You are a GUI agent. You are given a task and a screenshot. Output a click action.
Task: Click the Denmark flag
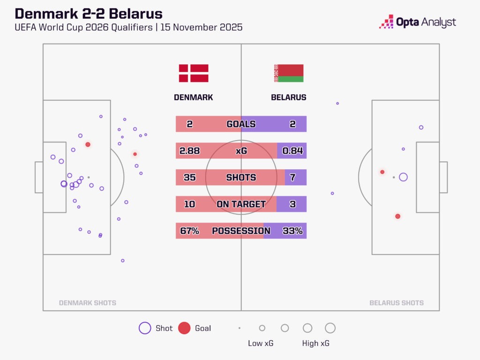(194, 74)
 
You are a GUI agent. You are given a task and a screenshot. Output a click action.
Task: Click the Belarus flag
(289, 74)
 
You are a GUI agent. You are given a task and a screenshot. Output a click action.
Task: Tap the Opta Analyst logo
(417, 22)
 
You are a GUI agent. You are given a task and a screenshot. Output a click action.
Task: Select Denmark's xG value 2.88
(190, 151)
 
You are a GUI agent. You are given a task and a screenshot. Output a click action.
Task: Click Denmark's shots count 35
(190, 178)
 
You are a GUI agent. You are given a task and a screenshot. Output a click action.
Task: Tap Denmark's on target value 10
(190, 204)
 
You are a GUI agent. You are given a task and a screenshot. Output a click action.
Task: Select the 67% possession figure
(190, 231)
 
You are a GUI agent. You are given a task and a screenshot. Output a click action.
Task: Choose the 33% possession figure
(292, 231)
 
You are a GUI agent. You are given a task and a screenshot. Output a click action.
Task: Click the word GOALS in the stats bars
(241, 124)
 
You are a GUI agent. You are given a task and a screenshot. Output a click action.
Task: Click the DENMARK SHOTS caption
(88, 303)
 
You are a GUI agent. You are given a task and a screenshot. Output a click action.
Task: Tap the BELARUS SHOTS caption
(397, 303)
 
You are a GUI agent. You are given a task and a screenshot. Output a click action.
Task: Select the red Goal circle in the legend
(184, 328)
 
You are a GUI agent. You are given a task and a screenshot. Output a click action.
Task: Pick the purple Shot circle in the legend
(145, 328)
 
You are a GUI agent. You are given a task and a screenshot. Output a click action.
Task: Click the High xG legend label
(316, 344)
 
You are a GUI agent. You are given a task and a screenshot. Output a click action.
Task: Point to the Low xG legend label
(261, 344)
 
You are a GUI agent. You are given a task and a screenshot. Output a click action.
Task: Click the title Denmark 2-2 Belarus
(89, 14)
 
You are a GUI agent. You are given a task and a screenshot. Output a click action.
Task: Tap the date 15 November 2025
(201, 27)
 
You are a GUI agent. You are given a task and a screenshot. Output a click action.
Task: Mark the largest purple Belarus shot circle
(403, 177)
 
